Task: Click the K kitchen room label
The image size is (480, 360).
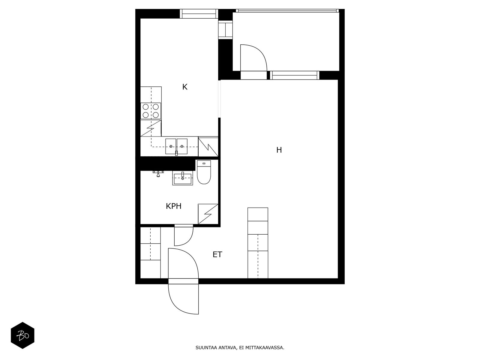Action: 185,87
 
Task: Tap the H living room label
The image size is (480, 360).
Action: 279,150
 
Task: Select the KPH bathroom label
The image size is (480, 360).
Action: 174,206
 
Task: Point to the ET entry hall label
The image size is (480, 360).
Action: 217,255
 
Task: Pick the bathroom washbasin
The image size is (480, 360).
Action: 182,178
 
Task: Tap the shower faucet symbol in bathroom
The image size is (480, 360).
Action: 158,173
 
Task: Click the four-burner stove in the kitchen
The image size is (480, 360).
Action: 151,111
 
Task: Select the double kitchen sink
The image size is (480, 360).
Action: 176,146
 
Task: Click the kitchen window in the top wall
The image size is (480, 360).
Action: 199,14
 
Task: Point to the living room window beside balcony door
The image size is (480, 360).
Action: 294,75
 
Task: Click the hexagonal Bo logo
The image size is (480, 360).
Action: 22,335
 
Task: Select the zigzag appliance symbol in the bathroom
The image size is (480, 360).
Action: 208,214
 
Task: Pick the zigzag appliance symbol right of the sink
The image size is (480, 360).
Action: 208,146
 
